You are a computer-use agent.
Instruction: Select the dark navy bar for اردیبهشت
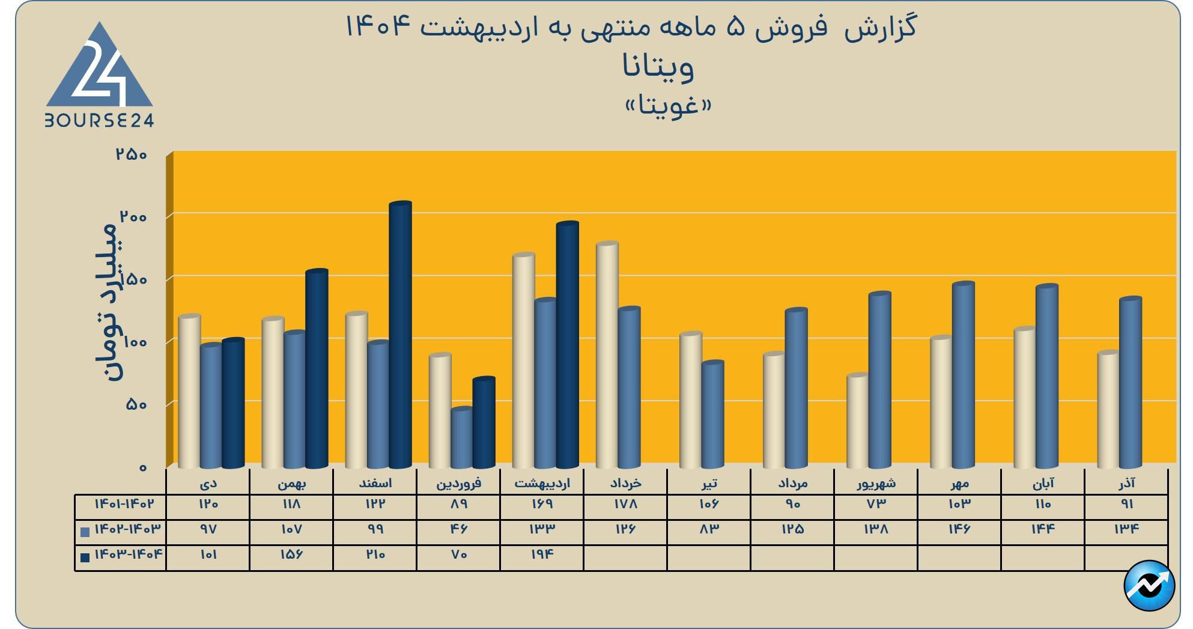click(x=567, y=345)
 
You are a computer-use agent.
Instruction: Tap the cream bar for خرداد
click(x=607, y=354)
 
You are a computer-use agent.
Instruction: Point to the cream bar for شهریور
click(x=857, y=421)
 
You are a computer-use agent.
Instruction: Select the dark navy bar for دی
click(x=233, y=403)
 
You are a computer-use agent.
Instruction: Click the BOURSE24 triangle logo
click(x=100, y=75)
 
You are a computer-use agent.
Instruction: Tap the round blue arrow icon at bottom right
click(x=1149, y=586)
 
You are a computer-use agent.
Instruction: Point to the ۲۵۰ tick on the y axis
click(x=132, y=154)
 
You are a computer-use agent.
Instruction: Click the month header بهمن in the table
click(x=292, y=483)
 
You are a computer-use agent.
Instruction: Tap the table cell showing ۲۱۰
click(x=375, y=555)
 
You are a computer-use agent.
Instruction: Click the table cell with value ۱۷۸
click(x=625, y=504)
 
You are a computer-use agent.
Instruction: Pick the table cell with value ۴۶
click(x=459, y=529)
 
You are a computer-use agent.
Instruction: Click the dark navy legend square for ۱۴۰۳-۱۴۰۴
click(x=85, y=557)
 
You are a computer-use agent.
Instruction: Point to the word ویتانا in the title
click(x=658, y=67)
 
